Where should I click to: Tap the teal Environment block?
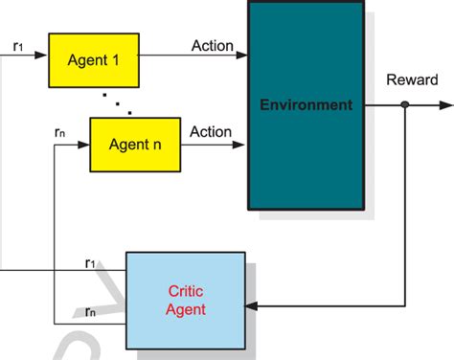click(x=306, y=105)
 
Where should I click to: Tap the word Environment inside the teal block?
click(x=306, y=104)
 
